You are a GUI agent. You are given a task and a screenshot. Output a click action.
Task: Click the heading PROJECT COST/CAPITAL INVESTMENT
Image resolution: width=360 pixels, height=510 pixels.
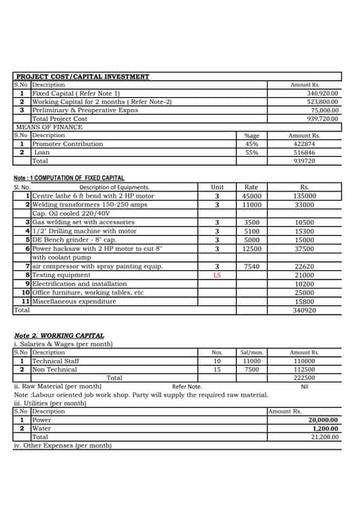(83, 76)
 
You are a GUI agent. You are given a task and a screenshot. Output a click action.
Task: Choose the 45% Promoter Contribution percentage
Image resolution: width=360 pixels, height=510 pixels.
(252, 144)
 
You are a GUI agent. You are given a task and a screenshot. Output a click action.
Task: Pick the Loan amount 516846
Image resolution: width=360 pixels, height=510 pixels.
(304, 152)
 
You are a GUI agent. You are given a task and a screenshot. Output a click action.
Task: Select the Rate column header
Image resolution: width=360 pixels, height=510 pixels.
(251, 187)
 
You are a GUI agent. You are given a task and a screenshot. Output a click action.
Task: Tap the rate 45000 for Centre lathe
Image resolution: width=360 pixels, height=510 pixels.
(252, 196)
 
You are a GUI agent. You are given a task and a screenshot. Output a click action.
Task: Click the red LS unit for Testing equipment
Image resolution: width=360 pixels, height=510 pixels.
(217, 275)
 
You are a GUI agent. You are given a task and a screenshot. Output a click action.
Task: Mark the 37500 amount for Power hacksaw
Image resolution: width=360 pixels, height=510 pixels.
(304, 249)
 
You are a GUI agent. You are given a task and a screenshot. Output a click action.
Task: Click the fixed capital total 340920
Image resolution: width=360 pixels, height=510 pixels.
(304, 311)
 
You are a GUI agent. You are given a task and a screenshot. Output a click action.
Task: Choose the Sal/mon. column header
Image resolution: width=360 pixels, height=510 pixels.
(252, 352)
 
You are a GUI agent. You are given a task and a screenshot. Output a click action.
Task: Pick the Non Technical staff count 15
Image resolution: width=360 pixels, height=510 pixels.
(217, 369)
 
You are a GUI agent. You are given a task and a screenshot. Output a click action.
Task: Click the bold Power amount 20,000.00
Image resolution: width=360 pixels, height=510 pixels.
(323, 420)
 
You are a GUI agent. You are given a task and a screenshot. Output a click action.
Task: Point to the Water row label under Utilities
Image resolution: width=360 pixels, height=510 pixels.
(41, 429)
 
